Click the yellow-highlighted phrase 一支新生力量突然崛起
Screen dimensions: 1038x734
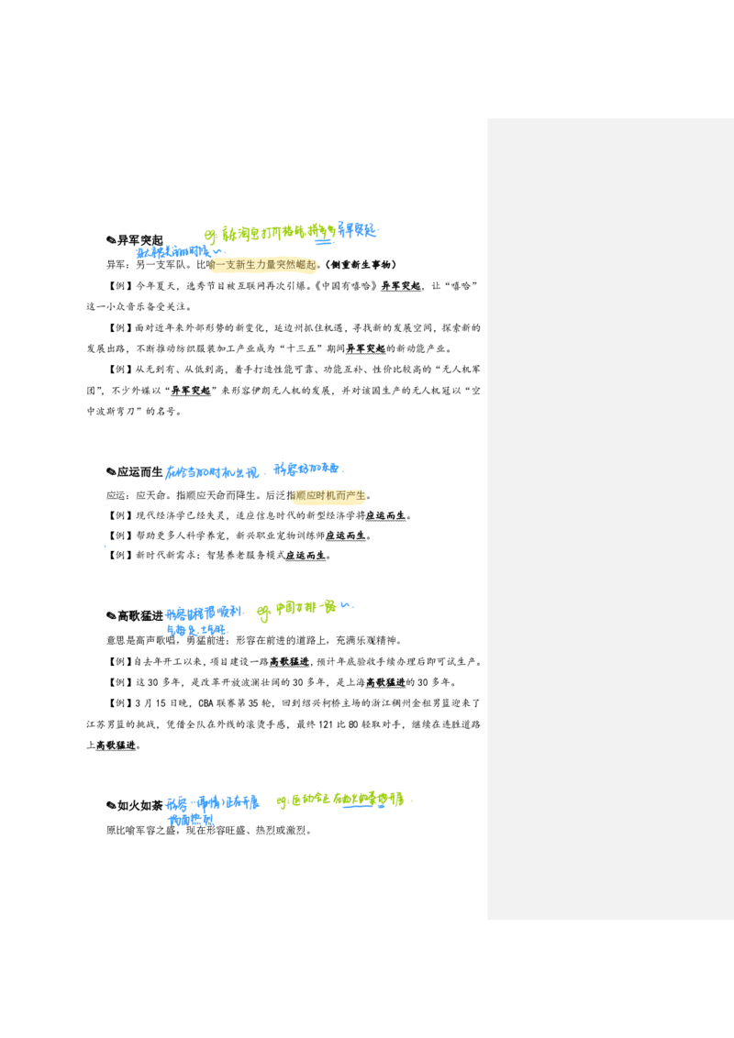pyautogui.click(x=264, y=265)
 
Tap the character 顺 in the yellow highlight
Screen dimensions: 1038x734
pyautogui.click(x=300, y=495)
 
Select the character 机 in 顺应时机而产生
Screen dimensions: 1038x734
pyautogui.click(x=330, y=495)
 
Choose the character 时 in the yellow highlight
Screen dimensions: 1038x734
pyautogui.click(x=320, y=495)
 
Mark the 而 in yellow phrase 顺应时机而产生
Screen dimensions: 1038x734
pyautogui.click(x=340, y=495)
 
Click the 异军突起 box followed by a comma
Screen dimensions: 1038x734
pyautogui.click(x=401, y=285)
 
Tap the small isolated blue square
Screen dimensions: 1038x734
pyautogui.click(x=106, y=547)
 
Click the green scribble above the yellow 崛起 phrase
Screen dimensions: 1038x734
pyautogui.click(x=275, y=233)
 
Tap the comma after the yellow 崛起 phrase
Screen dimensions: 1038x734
pyautogui.click(x=319, y=269)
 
